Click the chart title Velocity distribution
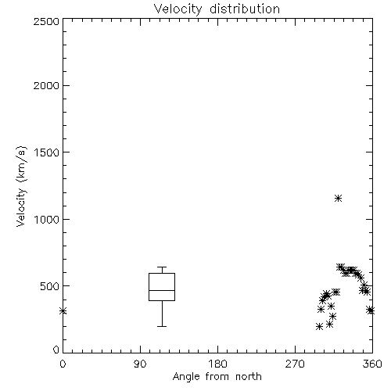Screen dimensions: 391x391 click(217, 9)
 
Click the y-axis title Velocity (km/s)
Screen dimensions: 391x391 click(21, 186)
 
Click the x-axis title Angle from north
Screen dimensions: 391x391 click(217, 377)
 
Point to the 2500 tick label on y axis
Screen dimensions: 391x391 click(46, 21)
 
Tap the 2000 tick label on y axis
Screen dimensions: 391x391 click(46, 85)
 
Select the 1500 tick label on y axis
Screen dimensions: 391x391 click(47, 152)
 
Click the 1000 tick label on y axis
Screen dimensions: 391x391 click(47, 219)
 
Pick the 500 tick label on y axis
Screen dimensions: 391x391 click(50, 286)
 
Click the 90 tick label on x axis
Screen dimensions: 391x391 click(140, 364)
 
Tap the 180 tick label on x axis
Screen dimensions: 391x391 click(217, 364)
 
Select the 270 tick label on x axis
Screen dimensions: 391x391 click(295, 364)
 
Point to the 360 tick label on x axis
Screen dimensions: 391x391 click(372, 364)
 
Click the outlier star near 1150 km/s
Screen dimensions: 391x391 click(338, 199)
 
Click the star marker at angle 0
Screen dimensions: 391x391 click(63, 310)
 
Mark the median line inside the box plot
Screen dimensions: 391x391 click(162, 290)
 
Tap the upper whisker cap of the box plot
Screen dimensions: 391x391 click(162, 267)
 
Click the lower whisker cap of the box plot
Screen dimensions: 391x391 click(162, 326)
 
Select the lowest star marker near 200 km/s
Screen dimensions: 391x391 click(319, 326)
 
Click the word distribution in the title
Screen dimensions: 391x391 click(245, 9)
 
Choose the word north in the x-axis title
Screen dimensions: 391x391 click(249, 377)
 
